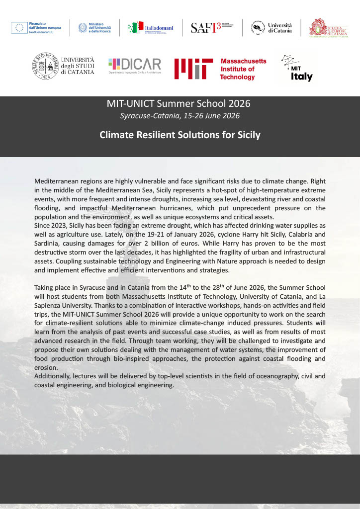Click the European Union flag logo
point(19,28)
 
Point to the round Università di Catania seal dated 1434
point(46,65)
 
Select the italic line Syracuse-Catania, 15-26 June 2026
point(180,116)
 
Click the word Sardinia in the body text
point(49,244)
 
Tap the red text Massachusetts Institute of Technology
point(243,69)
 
